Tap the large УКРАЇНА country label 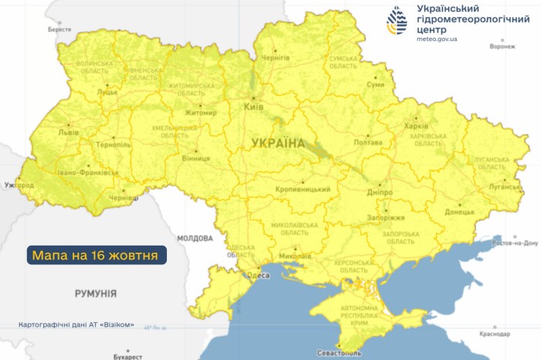pyautogui.click(x=277, y=142)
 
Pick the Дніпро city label pyautogui.click(x=379, y=192)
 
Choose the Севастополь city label pyautogui.click(x=339, y=353)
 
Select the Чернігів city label pyautogui.click(x=276, y=58)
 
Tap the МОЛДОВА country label pyautogui.click(x=194, y=238)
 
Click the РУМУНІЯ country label pyautogui.click(x=96, y=294)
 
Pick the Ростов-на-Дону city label pyautogui.click(x=515, y=243)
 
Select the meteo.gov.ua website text pyautogui.click(x=437, y=37)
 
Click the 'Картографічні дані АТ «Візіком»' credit pyautogui.click(x=77, y=324)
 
